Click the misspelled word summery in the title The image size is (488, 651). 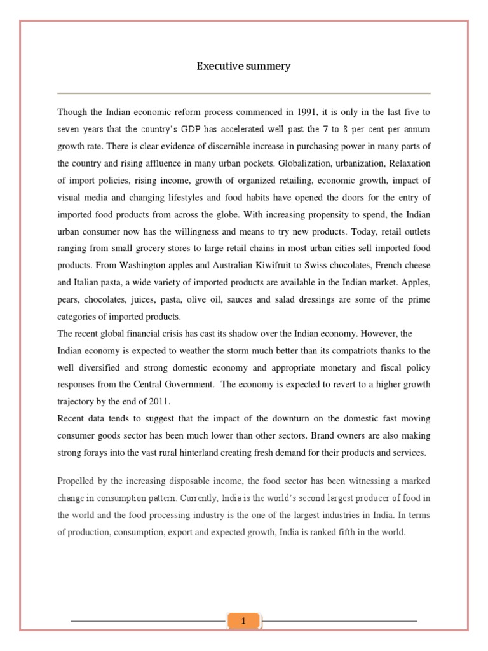[267, 66]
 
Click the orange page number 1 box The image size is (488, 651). [243, 620]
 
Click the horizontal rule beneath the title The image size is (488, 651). [243, 93]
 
